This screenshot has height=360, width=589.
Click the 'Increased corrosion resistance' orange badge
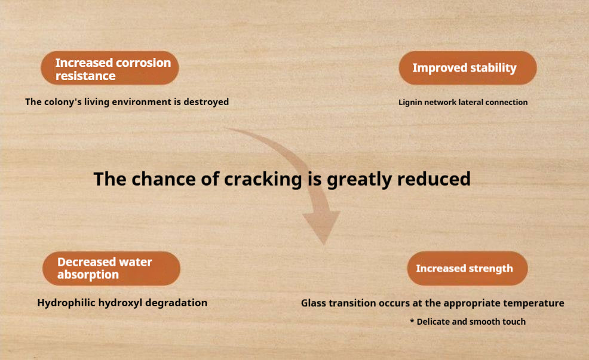110,68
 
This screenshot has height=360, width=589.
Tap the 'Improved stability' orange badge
468,68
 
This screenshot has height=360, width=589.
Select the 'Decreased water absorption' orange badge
111,269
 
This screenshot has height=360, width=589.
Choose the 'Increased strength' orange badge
467,269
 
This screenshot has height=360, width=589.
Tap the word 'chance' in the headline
164,179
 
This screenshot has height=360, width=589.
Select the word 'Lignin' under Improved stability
410,103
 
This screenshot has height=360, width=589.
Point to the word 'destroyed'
206,101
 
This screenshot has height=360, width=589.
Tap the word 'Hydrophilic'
66,303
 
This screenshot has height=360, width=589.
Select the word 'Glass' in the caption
313,303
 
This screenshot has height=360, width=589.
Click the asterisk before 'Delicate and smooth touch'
412,321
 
